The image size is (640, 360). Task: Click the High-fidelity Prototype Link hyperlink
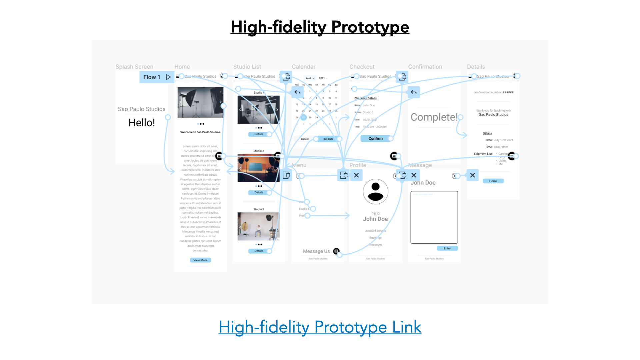(x=320, y=327)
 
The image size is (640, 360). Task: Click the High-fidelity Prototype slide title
(x=320, y=27)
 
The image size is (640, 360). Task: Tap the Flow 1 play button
(x=168, y=77)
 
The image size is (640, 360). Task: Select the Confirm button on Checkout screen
(x=376, y=138)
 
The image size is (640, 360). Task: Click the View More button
(x=200, y=260)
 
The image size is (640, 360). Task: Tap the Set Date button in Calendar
(x=328, y=139)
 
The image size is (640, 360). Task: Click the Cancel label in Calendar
(x=305, y=139)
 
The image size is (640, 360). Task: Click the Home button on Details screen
(x=493, y=181)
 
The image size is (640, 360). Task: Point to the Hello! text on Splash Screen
(x=142, y=123)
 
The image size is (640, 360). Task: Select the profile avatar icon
(x=375, y=192)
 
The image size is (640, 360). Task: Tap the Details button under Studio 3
(x=259, y=251)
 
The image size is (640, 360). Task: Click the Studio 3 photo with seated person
(x=258, y=226)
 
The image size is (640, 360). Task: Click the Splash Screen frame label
(x=134, y=67)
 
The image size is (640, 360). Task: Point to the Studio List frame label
(x=247, y=67)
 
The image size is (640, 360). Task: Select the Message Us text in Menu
(x=316, y=251)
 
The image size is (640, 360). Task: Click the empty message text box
(x=434, y=217)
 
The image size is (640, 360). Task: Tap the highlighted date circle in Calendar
(x=303, y=117)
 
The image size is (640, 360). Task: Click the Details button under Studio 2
(x=259, y=192)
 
